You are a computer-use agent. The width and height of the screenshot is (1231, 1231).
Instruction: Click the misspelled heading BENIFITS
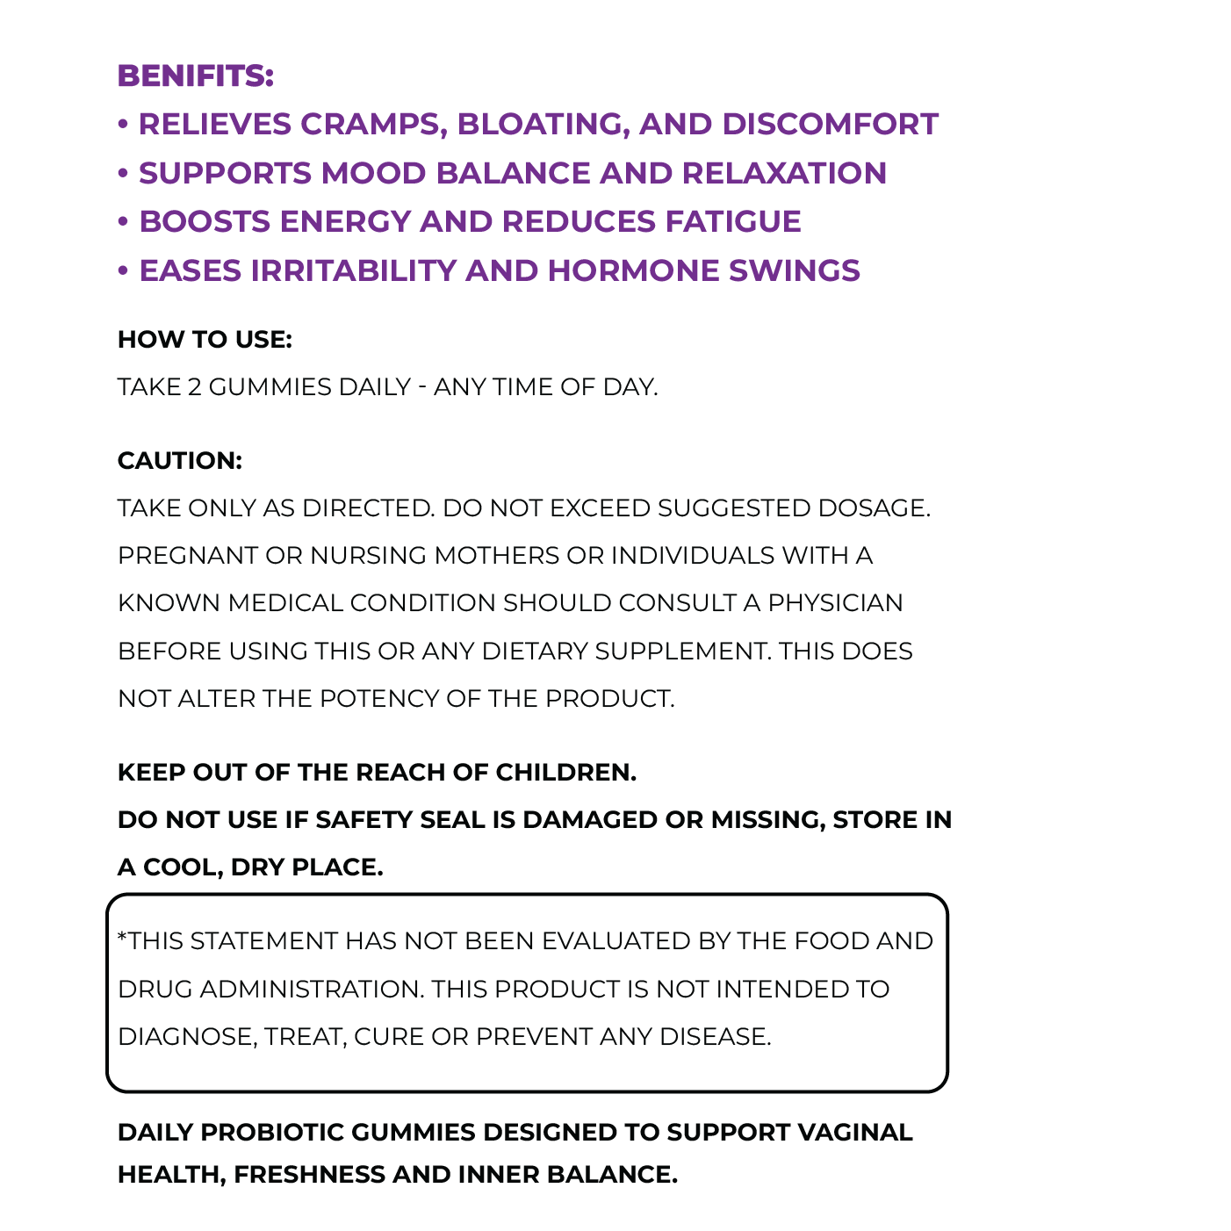(195, 76)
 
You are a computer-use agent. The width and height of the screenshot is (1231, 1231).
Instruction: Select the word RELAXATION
(784, 173)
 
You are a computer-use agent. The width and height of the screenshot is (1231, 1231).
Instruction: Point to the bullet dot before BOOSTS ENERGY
(123, 222)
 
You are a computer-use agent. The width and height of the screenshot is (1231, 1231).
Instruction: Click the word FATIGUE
(732, 222)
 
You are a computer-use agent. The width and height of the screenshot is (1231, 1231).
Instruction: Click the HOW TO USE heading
(205, 340)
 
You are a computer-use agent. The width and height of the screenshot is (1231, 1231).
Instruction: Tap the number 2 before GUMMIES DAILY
(194, 387)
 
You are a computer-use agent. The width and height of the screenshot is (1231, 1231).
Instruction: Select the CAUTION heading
(179, 461)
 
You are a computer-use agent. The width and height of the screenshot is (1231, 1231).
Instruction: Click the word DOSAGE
(873, 508)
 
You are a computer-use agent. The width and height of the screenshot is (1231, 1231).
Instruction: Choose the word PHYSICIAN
(835, 603)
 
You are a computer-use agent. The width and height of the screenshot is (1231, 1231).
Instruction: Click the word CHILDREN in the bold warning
(565, 773)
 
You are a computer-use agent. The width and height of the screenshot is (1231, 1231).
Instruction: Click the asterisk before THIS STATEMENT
(122, 938)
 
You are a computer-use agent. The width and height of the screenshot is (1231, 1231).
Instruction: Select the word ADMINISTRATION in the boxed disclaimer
(312, 990)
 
